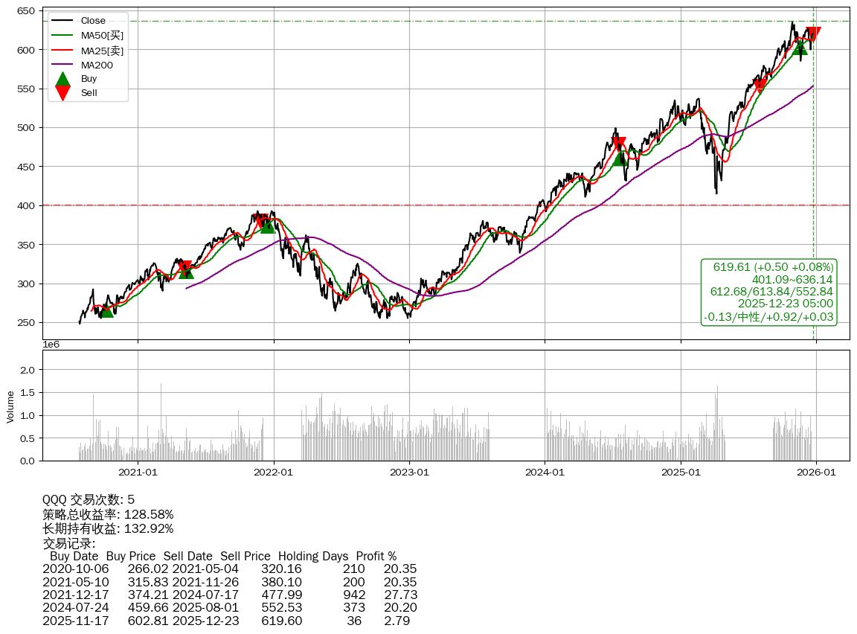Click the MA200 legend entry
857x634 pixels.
[96, 65]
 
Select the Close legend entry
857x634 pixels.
[93, 20]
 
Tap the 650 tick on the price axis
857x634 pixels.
[28, 11]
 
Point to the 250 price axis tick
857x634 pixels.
[28, 323]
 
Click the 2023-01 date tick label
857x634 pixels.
[410, 472]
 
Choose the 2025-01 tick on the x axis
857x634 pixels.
[681, 472]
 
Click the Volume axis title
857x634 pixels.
[10, 406]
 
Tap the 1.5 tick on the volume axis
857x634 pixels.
[27, 392]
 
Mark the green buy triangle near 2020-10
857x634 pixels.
[106, 310]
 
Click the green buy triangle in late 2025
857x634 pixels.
[800, 47]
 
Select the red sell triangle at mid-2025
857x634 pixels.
[760, 86]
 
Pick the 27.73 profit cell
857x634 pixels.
[400, 595]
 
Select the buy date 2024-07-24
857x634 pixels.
[75, 607]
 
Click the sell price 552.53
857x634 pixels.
[281, 607]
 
